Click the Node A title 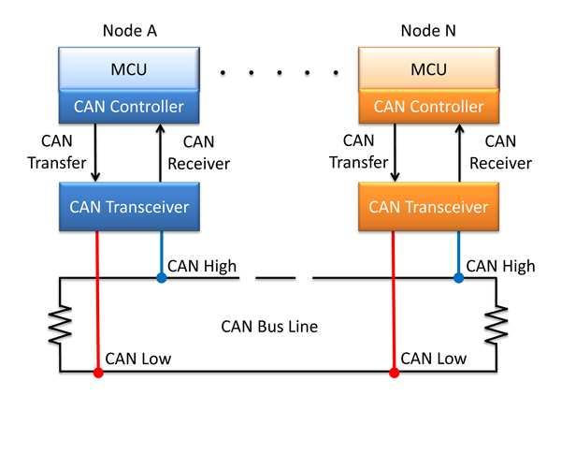click(130, 31)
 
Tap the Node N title click(428, 31)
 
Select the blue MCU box click(129, 68)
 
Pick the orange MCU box click(428, 68)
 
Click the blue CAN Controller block click(129, 107)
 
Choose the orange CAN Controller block click(428, 107)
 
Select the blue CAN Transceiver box click(129, 207)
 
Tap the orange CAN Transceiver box click(428, 207)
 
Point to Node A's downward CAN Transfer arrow click(95, 153)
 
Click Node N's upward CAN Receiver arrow click(460, 153)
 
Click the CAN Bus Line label click(269, 327)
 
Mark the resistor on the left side click(60, 325)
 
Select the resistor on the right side click(496, 325)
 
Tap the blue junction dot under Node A click(162, 278)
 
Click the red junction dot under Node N click(395, 373)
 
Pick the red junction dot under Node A click(98, 373)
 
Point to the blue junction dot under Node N click(459, 278)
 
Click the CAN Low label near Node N click(433, 359)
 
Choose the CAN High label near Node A click(202, 266)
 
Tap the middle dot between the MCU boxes click(280, 73)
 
